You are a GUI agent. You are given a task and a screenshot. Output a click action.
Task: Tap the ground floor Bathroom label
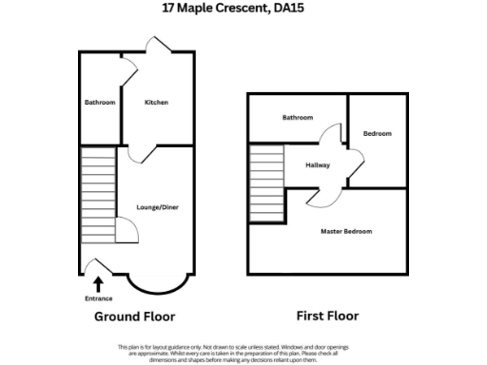(99, 102)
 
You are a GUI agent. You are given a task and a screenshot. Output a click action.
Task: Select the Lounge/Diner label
(158, 207)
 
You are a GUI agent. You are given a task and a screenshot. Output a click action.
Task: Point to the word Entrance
(99, 298)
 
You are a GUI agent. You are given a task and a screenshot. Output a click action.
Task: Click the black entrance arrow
(98, 282)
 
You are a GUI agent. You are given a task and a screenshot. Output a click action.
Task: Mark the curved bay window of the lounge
(150, 282)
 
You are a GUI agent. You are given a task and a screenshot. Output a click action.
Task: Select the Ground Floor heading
(134, 317)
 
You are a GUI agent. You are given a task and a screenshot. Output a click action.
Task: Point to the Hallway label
(318, 164)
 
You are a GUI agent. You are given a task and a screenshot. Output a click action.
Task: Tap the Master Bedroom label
(346, 232)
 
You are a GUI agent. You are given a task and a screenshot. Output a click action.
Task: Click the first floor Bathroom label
(297, 118)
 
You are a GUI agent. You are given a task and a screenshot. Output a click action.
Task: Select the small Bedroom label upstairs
(377, 134)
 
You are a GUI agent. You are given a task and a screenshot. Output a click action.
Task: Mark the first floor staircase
(266, 182)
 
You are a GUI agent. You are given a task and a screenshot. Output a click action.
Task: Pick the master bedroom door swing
(317, 197)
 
